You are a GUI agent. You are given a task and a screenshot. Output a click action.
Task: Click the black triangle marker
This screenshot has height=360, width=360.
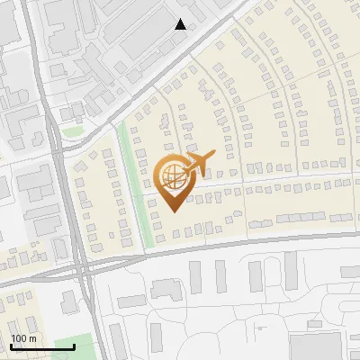pos(181,24)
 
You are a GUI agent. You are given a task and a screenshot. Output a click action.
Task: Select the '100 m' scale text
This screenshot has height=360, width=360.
pos(23,337)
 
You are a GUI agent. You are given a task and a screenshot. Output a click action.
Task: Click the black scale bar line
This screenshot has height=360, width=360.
pos(42,346)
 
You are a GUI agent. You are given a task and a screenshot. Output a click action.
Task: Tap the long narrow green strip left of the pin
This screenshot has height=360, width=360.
pos(133,189)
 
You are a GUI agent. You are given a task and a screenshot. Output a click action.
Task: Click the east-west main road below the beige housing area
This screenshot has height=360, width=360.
pos(225,245)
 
